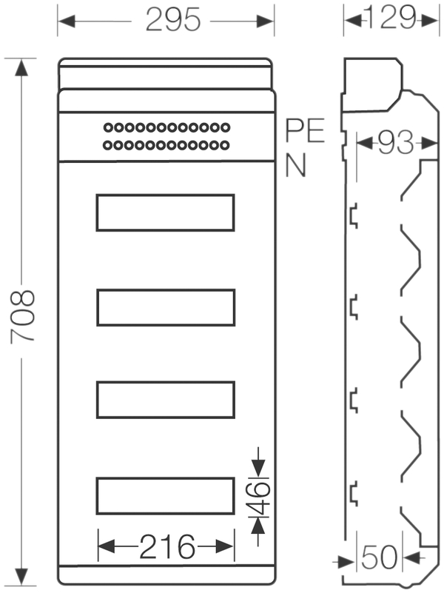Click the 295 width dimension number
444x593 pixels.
click(x=173, y=19)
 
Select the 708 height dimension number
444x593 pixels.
click(x=23, y=317)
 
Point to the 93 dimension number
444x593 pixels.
click(x=396, y=143)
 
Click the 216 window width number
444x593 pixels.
click(x=167, y=546)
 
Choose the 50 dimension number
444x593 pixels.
click(x=379, y=557)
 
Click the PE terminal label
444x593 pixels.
click(x=305, y=130)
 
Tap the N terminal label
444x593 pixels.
click(x=295, y=165)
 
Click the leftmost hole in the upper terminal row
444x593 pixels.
click(x=108, y=127)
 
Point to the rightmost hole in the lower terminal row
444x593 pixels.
click(x=225, y=145)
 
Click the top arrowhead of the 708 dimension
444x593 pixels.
click(x=21, y=67)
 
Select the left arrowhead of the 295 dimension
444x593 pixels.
click(x=67, y=21)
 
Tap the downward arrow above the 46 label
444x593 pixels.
click(x=258, y=462)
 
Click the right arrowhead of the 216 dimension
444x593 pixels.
click(x=225, y=546)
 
